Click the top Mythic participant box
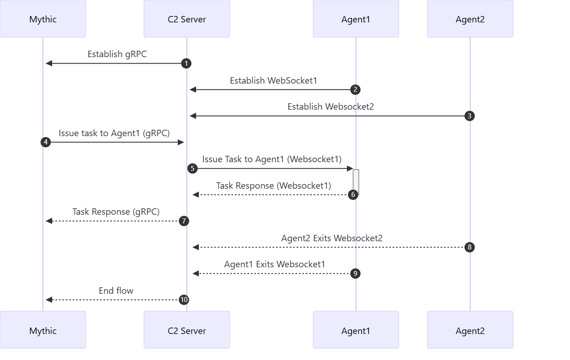point(43,19)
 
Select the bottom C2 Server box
point(187,330)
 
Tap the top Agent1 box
point(356,19)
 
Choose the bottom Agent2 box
point(470,330)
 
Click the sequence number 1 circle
point(186,64)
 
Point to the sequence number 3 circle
point(469,116)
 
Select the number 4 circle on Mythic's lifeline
point(46,142)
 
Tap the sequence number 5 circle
point(192,169)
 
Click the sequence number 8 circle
point(469,247)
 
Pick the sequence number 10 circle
point(184,300)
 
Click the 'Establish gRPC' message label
point(117,54)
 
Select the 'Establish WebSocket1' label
point(273,81)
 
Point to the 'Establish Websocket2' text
point(331,106)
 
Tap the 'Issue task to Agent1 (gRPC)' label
point(114,133)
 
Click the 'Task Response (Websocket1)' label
point(274,186)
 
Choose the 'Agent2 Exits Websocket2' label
point(332,238)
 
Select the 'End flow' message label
point(116,291)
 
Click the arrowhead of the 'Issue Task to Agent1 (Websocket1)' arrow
point(350,169)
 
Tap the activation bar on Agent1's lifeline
point(356,182)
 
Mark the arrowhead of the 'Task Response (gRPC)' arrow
point(49,221)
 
